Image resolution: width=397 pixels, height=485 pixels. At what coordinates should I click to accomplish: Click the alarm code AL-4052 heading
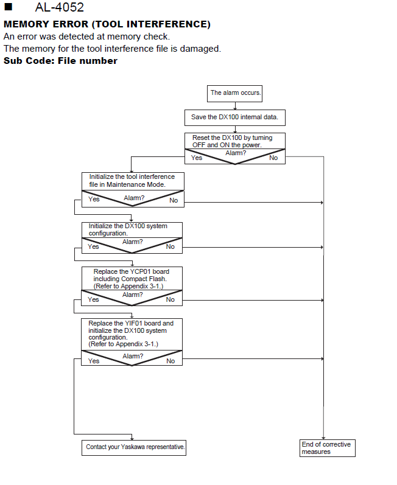tap(60, 7)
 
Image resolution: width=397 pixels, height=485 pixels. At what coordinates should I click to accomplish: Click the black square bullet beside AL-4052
tap(9, 7)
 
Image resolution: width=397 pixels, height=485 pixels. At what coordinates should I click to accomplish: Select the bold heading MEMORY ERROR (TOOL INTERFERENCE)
tap(107, 24)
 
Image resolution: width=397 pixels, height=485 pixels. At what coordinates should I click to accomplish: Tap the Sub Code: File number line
tap(61, 61)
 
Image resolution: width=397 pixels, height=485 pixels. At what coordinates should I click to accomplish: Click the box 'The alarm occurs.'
tap(234, 94)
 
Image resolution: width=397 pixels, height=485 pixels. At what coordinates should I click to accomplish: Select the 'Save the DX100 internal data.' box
tap(235, 117)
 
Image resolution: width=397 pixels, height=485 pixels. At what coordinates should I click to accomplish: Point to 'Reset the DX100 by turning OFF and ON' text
tap(233, 141)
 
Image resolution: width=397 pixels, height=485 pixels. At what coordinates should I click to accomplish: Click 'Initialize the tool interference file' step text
tap(132, 181)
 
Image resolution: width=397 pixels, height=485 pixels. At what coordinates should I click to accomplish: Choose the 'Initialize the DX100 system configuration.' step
tap(128, 229)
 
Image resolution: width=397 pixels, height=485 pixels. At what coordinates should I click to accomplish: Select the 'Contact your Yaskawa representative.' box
tap(134, 447)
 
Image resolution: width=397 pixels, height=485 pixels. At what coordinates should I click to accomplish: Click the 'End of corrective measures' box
tap(328, 448)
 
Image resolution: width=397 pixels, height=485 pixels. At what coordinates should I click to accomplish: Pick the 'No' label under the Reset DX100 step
tap(273, 158)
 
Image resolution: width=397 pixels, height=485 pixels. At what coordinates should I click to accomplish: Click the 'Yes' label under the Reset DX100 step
tap(197, 158)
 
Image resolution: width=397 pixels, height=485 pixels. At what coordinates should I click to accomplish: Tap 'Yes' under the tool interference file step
tap(94, 199)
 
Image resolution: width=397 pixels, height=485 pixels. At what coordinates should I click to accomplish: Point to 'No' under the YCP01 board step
tap(170, 299)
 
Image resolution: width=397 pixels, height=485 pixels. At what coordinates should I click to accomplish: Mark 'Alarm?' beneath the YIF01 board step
tap(133, 356)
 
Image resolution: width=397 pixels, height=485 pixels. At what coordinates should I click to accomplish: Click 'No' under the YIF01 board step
tap(170, 361)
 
